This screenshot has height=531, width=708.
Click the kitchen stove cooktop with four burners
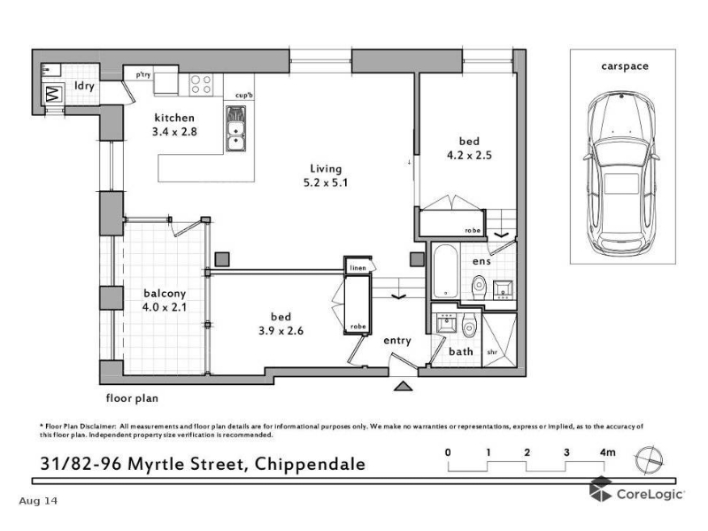[201, 85]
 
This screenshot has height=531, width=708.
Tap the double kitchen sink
[235, 128]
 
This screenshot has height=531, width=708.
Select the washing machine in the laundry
[54, 94]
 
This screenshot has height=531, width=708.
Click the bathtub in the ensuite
[445, 272]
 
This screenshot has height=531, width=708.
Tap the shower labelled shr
[499, 339]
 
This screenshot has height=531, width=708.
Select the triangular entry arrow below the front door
[403, 386]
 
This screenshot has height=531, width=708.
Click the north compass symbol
[649, 460]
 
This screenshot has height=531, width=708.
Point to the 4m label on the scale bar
[607, 452]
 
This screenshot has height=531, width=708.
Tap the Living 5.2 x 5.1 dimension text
[326, 175]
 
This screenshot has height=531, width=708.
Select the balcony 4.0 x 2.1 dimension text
[165, 300]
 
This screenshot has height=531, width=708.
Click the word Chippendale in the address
[310, 464]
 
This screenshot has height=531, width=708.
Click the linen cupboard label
[358, 268]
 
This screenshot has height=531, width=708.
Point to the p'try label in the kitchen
[143, 74]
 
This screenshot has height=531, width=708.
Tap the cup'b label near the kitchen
[244, 96]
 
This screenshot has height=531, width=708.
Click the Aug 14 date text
[38, 501]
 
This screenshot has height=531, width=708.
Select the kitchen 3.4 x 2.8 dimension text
[174, 125]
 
